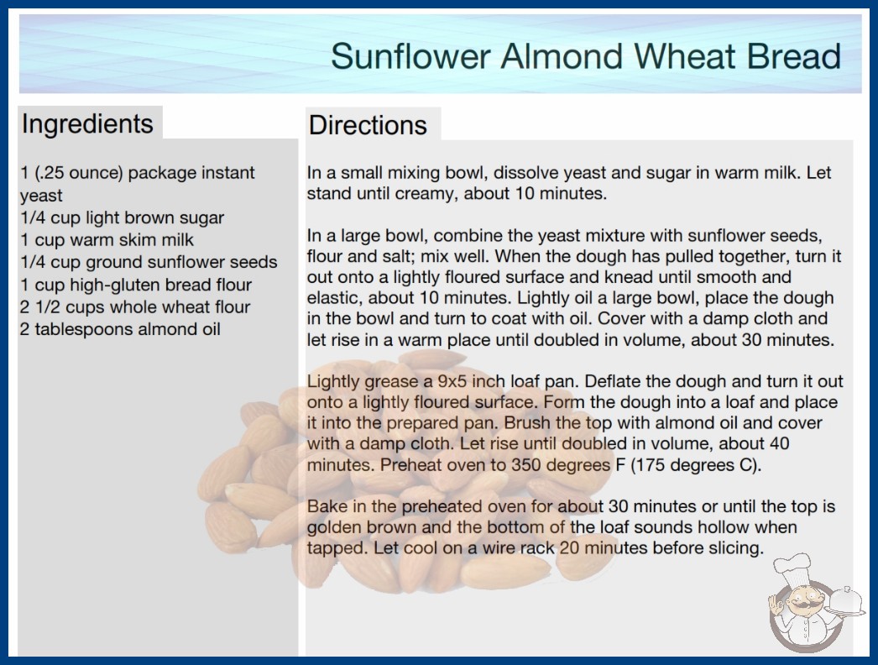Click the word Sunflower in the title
[410, 56]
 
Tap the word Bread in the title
[793, 56]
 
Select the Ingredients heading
[87, 124]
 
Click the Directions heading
[368, 125]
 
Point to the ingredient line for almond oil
[120, 329]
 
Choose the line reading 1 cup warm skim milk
[107, 240]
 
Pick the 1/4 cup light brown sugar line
[122, 218]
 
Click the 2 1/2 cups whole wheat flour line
[135, 307]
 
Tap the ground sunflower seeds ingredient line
[149, 262]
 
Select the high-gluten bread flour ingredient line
[136, 285]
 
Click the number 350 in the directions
[522, 465]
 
